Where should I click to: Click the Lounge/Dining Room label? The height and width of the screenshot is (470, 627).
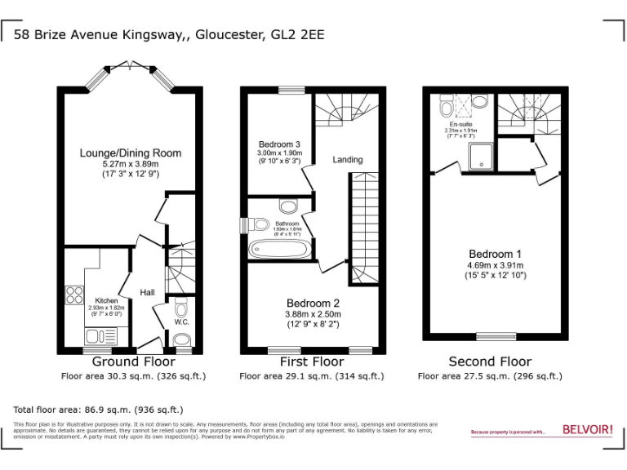(x=131, y=153)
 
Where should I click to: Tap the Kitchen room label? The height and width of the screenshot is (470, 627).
(x=106, y=300)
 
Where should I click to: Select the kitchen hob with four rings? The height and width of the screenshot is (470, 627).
(x=74, y=295)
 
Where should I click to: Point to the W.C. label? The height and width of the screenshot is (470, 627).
(x=181, y=322)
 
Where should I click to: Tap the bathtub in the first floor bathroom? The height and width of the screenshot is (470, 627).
(x=278, y=248)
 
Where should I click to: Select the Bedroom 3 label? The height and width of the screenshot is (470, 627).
(x=279, y=144)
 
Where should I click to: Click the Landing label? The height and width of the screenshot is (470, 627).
(x=347, y=160)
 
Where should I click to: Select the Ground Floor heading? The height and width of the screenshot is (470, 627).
(x=134, y=361)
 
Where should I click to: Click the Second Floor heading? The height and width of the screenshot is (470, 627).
(x=490, y=361)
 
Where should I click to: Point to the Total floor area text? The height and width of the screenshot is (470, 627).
(x=98, y=409)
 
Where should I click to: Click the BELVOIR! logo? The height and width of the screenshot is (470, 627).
(x=587, y=430)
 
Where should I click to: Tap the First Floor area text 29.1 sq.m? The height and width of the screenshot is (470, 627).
(x=311, y=376)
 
